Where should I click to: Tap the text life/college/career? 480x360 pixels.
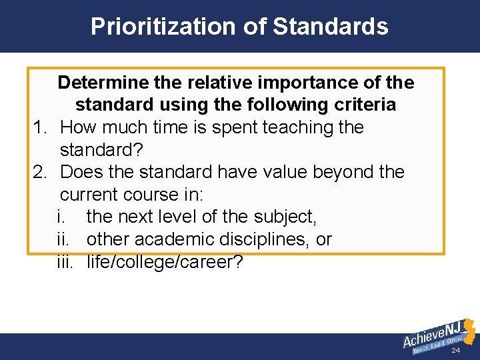coord(165,262)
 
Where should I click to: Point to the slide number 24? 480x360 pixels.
coord(456,351)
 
